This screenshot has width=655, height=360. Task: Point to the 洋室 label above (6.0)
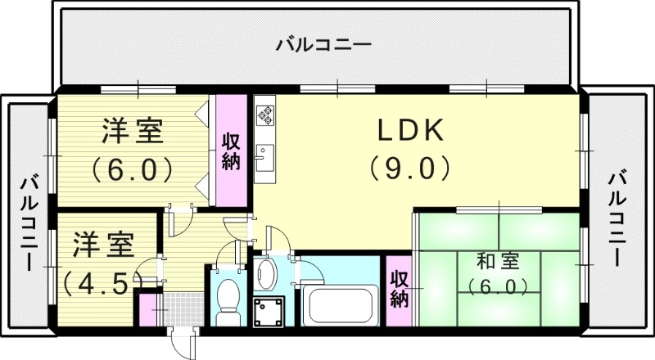[133, 131]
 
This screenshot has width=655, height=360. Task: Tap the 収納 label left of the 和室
[399, 289]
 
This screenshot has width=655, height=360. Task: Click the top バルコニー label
[323, 44]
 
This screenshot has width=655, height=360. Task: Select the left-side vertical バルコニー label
[29, 221]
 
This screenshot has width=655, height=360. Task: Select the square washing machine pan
[270, 312]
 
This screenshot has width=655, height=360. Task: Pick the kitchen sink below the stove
[264, 155]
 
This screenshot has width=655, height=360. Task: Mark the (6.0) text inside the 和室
[498, 286]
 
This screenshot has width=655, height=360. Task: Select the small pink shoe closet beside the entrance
[148, 309]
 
